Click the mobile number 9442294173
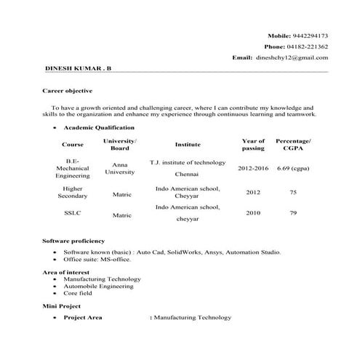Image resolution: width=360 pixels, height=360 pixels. pos(309,35)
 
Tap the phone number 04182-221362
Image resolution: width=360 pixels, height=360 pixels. pos(311,46)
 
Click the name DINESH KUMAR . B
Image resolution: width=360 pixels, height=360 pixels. pos(79,67)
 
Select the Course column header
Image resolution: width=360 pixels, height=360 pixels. pos(73,144)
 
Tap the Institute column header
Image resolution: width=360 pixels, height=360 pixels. pos(188,144)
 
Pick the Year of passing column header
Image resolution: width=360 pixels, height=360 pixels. pos(252,144)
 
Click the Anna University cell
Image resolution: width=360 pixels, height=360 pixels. pos(119,169)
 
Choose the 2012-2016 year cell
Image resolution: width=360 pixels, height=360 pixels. pos(253,168)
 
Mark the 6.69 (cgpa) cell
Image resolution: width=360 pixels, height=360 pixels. pos(293,168)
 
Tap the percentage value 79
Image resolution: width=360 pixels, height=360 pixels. pos(293,213)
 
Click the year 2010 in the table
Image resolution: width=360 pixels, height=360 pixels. pos(252,213)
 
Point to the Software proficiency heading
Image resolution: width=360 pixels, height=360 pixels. pos(73,240)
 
